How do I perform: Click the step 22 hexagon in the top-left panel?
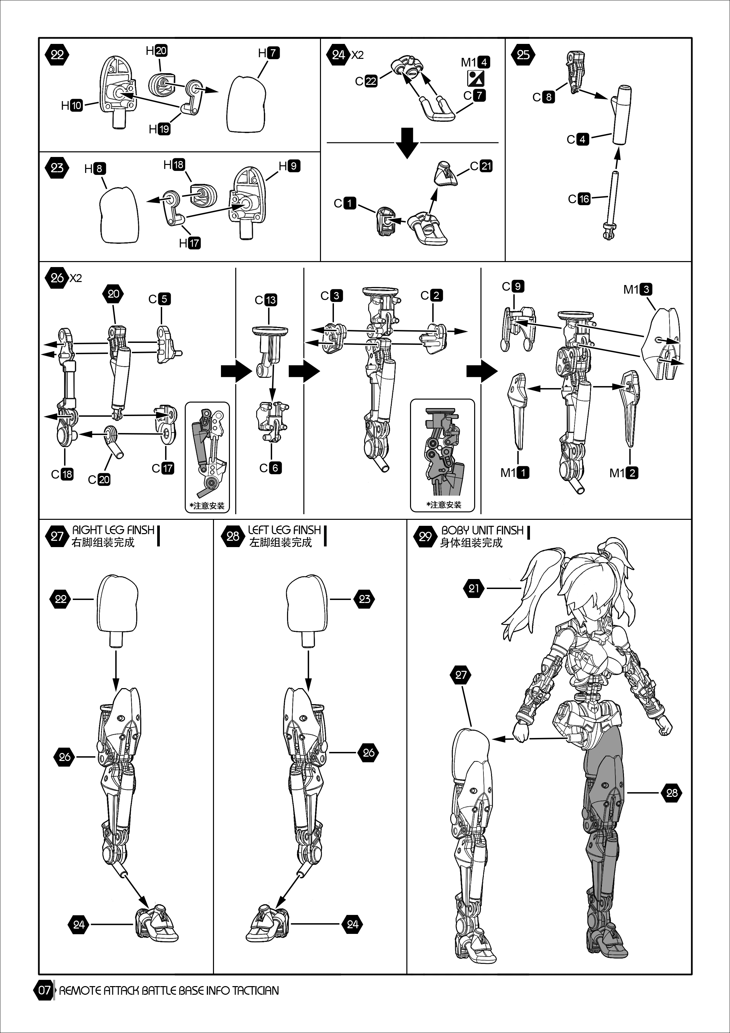tap(57, 55)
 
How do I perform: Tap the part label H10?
tap(72, 106)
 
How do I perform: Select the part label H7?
tap(269, 53)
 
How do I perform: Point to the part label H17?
tap(190, 243)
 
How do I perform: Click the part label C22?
tap(366, 81)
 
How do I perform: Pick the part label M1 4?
tap(475, 62)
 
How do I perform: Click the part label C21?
tap(481, 166)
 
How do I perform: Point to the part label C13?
tap(266, 300)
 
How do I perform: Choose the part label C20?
tap(99, 480)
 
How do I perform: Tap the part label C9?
tap(513, 286)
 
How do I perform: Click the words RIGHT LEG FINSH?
tap(113, 530)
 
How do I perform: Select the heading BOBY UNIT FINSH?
tap(482, 530)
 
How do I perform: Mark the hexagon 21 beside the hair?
tap(474, 588)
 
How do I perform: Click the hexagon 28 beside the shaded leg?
tap(672, 793)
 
